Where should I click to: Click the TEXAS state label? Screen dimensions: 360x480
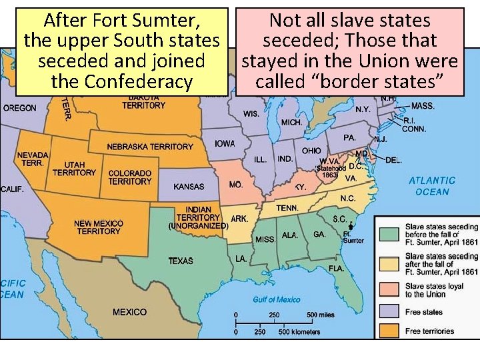tap(181, 261)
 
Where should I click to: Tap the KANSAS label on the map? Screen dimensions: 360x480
tap(189, 187)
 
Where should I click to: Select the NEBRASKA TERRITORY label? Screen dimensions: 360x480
tap(150, 147)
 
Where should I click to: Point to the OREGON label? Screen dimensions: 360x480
tap(20, 108)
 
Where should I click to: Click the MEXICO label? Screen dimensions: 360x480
tap(129, 312)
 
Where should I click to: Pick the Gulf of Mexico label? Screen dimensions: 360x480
tap(276, 299)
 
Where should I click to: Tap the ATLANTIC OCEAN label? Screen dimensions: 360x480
tap(432, 186)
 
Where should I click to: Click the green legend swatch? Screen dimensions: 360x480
tap(390, 234)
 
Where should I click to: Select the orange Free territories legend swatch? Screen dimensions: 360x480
tap(390, 331)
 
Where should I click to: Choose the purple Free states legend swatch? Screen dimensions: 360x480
tap(390, 311)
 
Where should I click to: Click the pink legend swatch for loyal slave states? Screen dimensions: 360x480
tap(390, 290)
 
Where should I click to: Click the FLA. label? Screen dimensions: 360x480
tap(336, 268)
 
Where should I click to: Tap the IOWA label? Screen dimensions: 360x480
tap(225, 144)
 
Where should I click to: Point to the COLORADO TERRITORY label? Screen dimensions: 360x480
tap(130, 177)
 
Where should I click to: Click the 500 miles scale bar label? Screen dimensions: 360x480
tap(321, 315)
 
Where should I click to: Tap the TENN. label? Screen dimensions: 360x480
tap(287, 208)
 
